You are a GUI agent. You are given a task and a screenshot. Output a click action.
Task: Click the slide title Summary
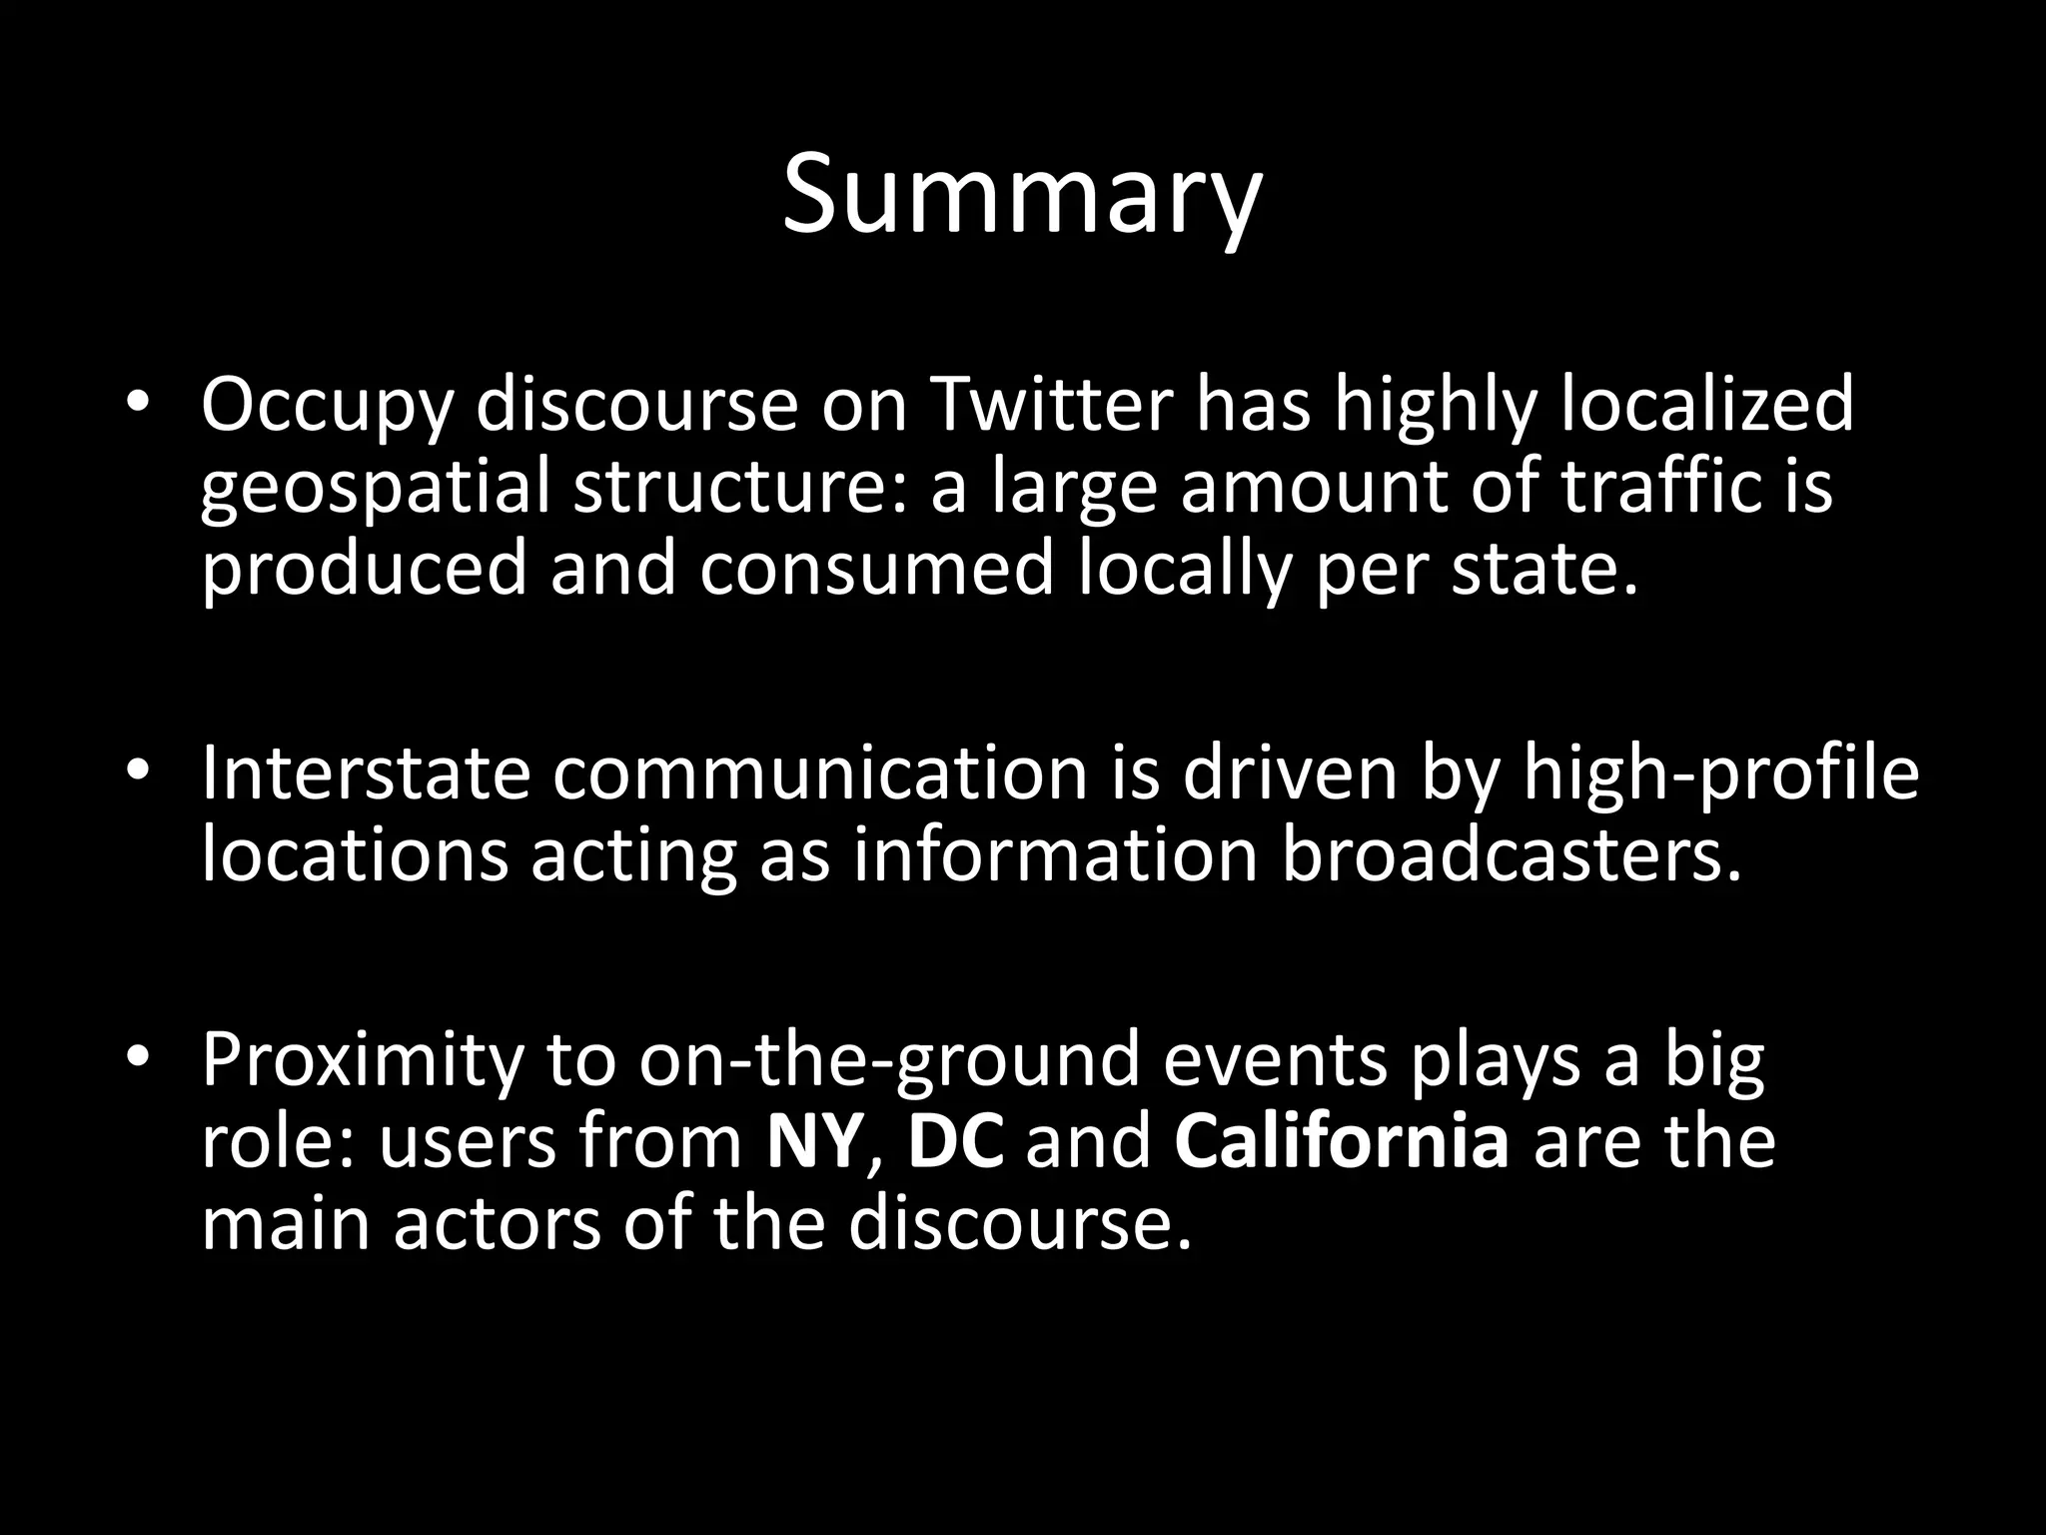pos(1022,194)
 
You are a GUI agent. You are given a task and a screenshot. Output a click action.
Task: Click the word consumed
pos(876,568)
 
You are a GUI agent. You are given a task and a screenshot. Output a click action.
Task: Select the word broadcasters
pos(1512,855)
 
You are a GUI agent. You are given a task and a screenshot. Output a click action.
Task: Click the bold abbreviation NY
pos(812,1141)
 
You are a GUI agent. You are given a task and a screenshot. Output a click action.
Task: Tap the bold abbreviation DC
pos(955,1141)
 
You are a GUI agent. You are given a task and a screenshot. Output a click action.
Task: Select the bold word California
pos(1342,1141)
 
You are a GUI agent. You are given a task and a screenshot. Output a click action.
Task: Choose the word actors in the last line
pos(498,1224)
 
